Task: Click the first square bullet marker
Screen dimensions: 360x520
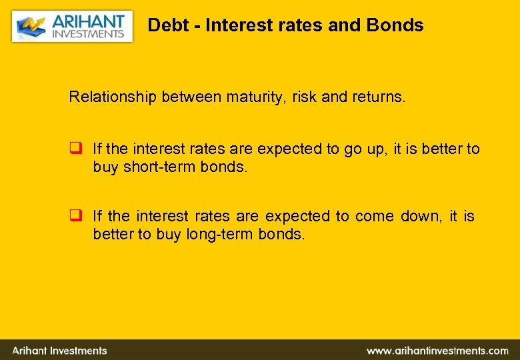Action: (75, 149)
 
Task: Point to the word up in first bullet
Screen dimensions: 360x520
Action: (376, 149)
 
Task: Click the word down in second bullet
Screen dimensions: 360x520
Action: (421, 216)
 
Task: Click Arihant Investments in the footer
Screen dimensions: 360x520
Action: (60, 350)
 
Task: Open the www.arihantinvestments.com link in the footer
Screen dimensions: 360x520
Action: (437, 350)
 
